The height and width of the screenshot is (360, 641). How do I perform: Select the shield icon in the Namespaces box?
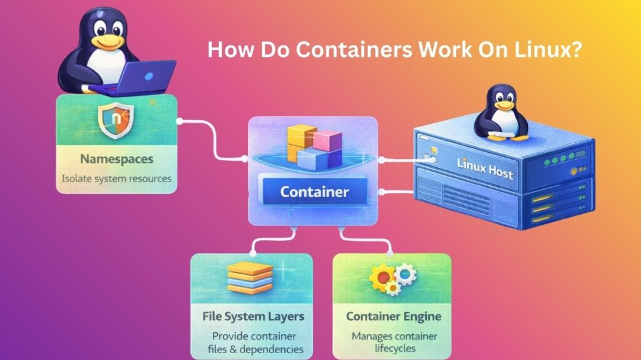point(115,121)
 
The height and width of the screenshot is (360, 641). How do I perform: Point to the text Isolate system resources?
point(116,178)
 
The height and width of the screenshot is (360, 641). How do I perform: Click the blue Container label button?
point(314,191)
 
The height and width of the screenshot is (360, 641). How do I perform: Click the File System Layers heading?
point(252,316)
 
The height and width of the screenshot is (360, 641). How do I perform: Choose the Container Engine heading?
point(393,316)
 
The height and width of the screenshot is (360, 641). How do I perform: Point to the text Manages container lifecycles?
point(393,342)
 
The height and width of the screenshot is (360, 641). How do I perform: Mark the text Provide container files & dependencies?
point(252,342)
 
